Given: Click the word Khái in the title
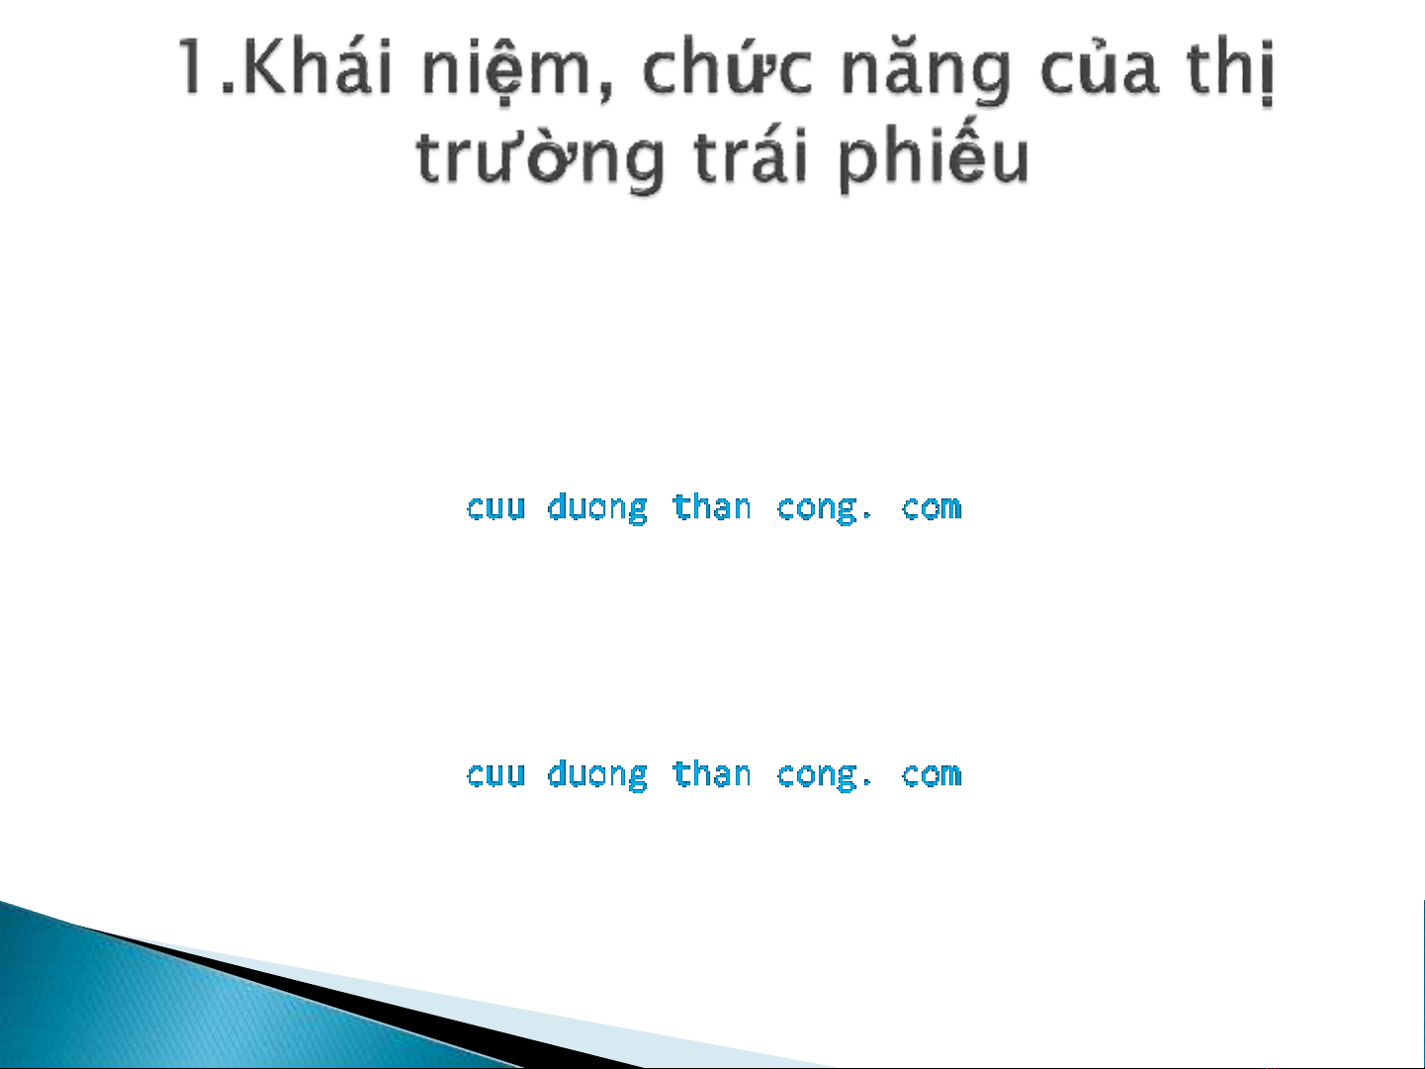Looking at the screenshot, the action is tap(318, 67).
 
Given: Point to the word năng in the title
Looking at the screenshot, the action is tap(926, 71).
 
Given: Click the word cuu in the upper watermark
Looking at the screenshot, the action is tap(495, 507).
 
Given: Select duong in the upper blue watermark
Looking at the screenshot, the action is tap(597, 507).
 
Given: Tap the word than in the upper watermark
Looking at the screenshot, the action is tap(712, 506).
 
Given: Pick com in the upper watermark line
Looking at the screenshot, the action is tap(931, 507).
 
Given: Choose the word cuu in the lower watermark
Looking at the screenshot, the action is tap(495, 775).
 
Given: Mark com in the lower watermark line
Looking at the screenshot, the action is tap(931, 775).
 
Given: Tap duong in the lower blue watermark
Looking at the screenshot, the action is tap(597, 775).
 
